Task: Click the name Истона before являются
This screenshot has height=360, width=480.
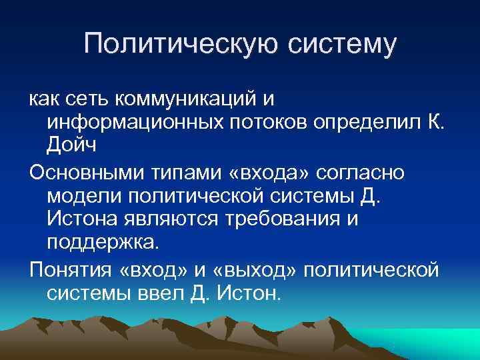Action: coord(81,219)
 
